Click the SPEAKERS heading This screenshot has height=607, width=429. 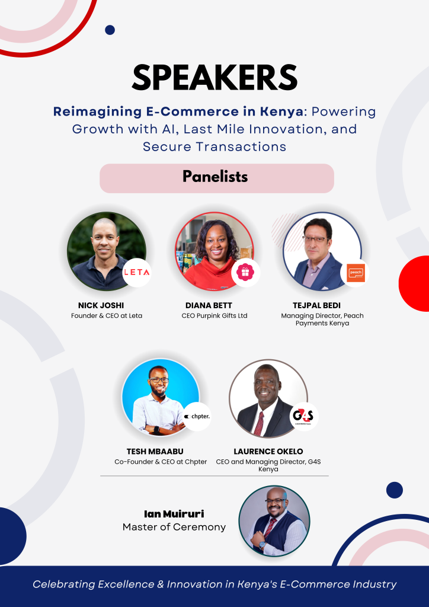pyautogui.click(x=214, y=78)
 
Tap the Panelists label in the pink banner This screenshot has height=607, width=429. pyautogui.click(x=215, y=177)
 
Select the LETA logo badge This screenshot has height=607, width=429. pyautogui.click(x=137, y=273)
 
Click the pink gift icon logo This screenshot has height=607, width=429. pyautogui.click(x=246, y=272)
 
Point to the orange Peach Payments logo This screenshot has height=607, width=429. pyautogui.click(x=355, y=273)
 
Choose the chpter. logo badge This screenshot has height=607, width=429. pyautogui.click(x=197, y=417)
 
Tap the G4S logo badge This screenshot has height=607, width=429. pyautogui.click(x=304, y=417)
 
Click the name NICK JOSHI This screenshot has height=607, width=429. pyautogui.click(x=101, y=305)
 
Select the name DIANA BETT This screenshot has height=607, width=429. pyautogui.click(x=209, y=305)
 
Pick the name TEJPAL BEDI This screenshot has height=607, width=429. pyautogui.click(x=316, y=305)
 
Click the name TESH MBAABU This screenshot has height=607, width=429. pyautogui.click(x=155, y=451)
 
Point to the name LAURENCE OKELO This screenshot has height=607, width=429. pyautogui.click(x=268, y=451)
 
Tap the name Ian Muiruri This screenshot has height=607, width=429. pyautogui.click(x=174, y=514)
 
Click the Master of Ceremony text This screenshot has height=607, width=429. pyautogui.click(x=174, y=527)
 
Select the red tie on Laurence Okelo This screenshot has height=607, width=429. pyautogui.click(x=259, y=423)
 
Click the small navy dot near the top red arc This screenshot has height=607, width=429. pyautogui.click(x=110, y=30)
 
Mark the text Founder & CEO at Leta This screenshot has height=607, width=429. pyautogui.click(x=107, y=316)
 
